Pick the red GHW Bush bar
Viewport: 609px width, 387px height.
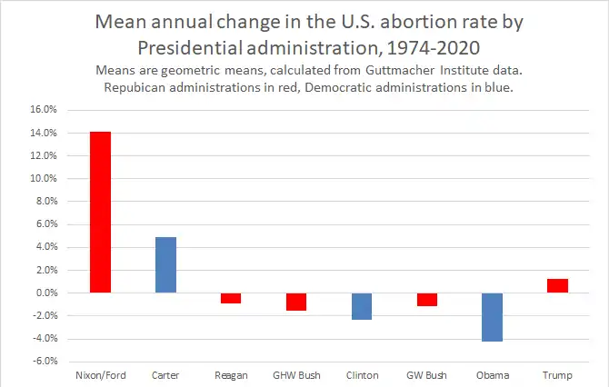(295, 302)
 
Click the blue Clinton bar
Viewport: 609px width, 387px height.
(361, 306)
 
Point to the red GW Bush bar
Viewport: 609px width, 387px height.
(427, 300)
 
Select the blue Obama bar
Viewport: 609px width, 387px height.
(492, 317)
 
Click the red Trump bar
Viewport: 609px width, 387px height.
(557, 285)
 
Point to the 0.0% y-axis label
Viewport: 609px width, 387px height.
(46, 293)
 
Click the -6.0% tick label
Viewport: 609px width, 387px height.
(45, 362)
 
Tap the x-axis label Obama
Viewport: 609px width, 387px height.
(492, 375)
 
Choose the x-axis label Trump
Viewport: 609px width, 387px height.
(557, 375)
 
